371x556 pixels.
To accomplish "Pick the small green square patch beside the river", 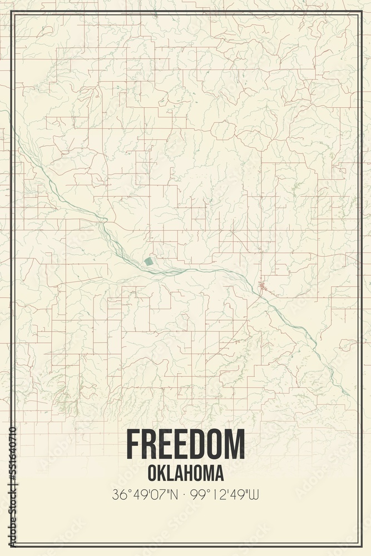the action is point(148,261).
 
